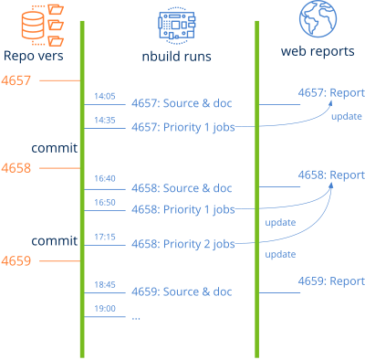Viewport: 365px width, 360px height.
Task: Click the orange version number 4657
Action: point(16,81)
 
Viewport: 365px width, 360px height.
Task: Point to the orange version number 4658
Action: point(16,168)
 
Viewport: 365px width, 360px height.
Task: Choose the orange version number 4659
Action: point(16,260)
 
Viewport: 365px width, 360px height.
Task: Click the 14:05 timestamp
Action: point(103,96)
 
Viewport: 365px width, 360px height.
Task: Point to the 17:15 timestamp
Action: point(103,237)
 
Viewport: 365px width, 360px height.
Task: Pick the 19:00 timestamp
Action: point(103,309)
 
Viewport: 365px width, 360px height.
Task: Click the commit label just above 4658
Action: point(47,147)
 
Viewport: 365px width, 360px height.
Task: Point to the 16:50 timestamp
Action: point(103,201)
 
